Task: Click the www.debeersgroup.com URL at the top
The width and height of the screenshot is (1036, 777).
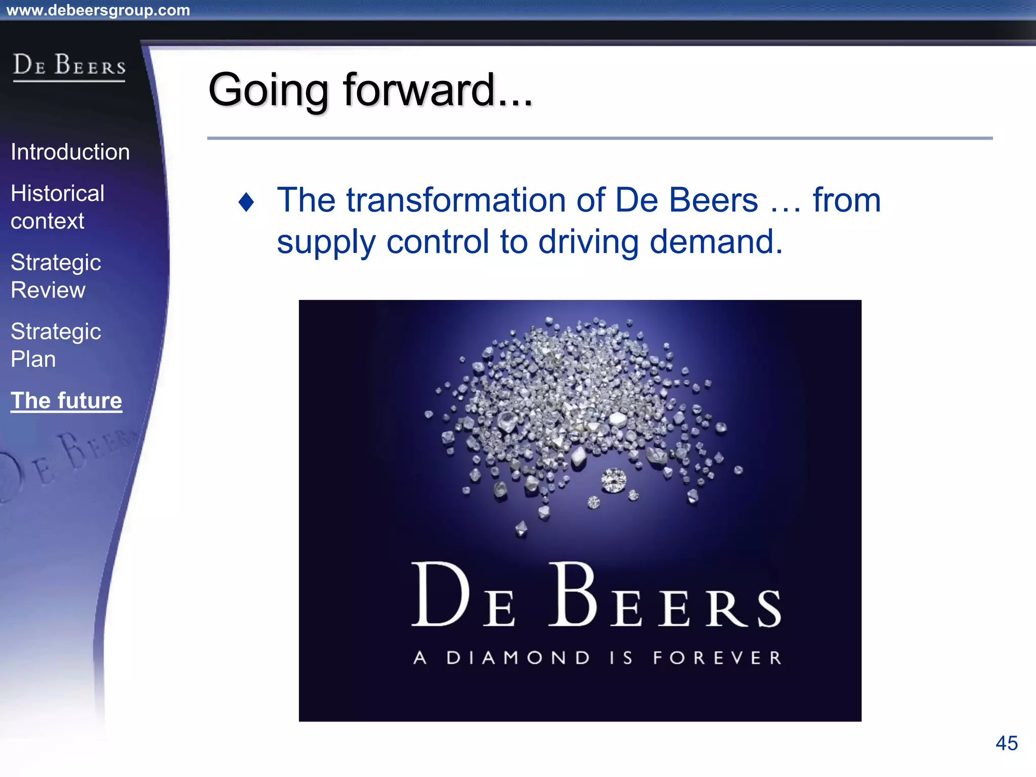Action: pyautogui.click(x=98, y=10)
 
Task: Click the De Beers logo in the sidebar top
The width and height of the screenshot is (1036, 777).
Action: pyautogui.click(x=69, y=66)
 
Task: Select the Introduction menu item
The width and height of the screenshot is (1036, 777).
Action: pyautogui.click(x=70, y=152)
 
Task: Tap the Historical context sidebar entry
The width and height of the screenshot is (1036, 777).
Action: pyautogui.click(x=58, y=207)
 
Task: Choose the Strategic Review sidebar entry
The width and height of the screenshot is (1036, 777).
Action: pyautogui.click(x=56, y=276)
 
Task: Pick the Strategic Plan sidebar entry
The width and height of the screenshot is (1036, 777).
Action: pyautogui.click(x=56, y=346)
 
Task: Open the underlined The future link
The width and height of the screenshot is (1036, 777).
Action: pyautogui.click(x=66, y=401)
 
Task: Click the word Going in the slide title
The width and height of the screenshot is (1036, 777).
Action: pyautogui.click(x=268, y=91)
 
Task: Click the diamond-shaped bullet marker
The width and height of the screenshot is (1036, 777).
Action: pyautogui.click(x=246, y=202)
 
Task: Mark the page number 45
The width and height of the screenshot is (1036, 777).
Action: pyautogui.click(x=1006, y=743)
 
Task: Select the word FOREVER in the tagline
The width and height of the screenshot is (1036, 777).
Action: pyautogui.click(x=717, y=658)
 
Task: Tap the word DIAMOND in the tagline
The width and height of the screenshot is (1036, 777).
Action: pyautogui.click(x=518, y=658)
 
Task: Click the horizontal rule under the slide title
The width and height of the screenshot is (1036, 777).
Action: pyautogui.click(x=599, y=138)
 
